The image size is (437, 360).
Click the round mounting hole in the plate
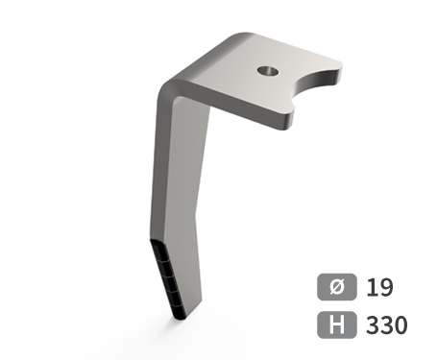tap(268, 71)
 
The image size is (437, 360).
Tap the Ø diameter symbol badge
tap(337, 287)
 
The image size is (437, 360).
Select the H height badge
tap(337, 324)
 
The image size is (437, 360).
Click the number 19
tap(379, 287)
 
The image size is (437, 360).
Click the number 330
tap(387, 324)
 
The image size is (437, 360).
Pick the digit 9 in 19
tap(386, 287)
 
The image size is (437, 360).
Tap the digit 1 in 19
tap(372, 287)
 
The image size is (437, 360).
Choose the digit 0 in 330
tap(401, 324)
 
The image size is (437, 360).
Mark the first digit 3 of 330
tap(373, 324)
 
